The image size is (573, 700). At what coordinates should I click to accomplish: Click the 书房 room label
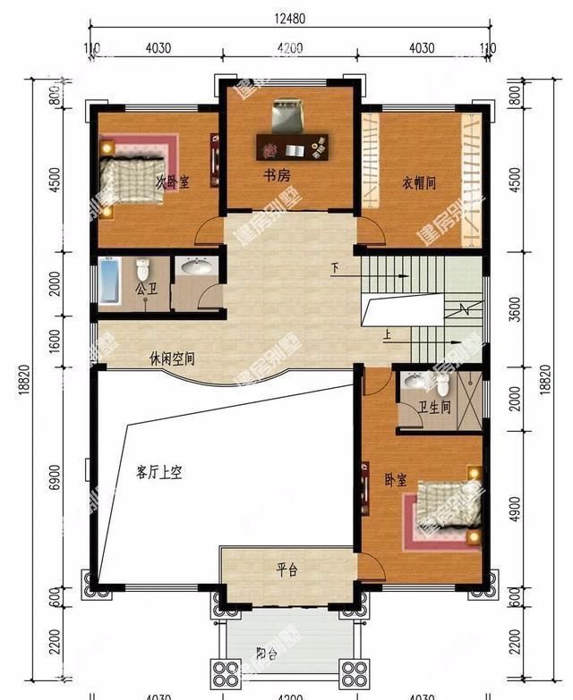click(x=276, y=176)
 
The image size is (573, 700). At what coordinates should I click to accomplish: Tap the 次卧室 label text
click(x=173, y=181)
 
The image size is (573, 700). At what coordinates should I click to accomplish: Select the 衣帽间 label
click(x=418, y=183)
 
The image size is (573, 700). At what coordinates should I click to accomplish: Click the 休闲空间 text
click(x=172, y=359)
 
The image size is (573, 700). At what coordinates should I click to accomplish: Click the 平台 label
click(x=286, y=569)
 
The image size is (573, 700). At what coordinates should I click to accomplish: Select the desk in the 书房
click(x=293, y=143)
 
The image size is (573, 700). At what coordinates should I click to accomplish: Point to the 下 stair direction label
click(x=335, y=268)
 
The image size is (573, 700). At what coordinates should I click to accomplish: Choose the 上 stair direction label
click(x=387, y=337)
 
